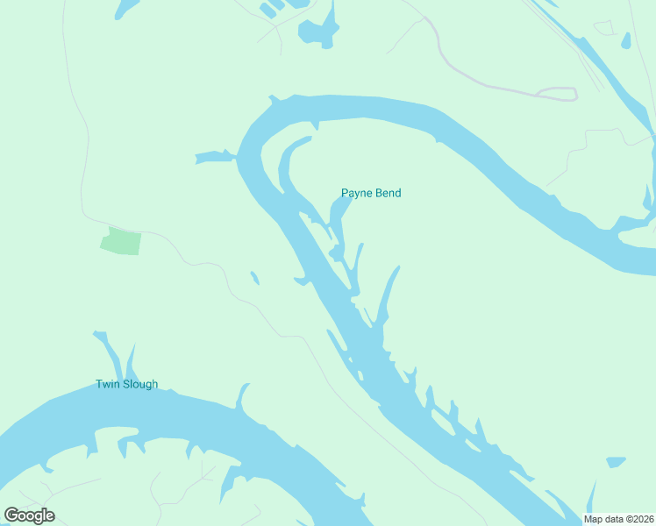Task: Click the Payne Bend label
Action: (371, 193)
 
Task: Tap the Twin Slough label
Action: (127, 384)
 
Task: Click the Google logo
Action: (29, 515)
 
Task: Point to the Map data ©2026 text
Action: (618, 519)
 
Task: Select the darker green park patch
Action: (120, 241)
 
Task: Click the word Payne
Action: (357, 193)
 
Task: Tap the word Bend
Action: (389, 193)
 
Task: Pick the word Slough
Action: (139, 384)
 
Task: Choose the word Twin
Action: (107, 384)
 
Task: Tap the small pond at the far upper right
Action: (626, 40)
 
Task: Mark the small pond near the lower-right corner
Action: (616, 461)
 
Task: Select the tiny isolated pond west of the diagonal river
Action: (254, 278)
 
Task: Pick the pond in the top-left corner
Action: (126, 8)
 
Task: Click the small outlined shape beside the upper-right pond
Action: (604, 28)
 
